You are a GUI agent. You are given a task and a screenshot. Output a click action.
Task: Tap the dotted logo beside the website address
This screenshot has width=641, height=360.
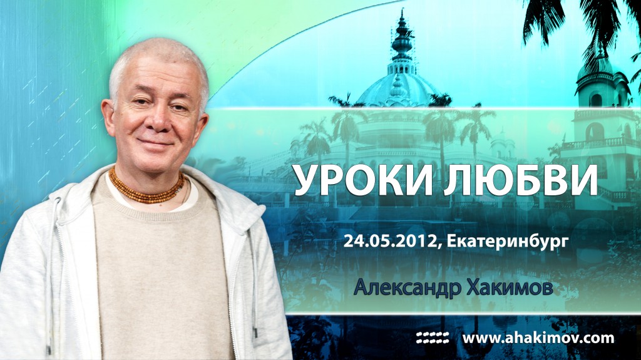pos(433,339)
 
